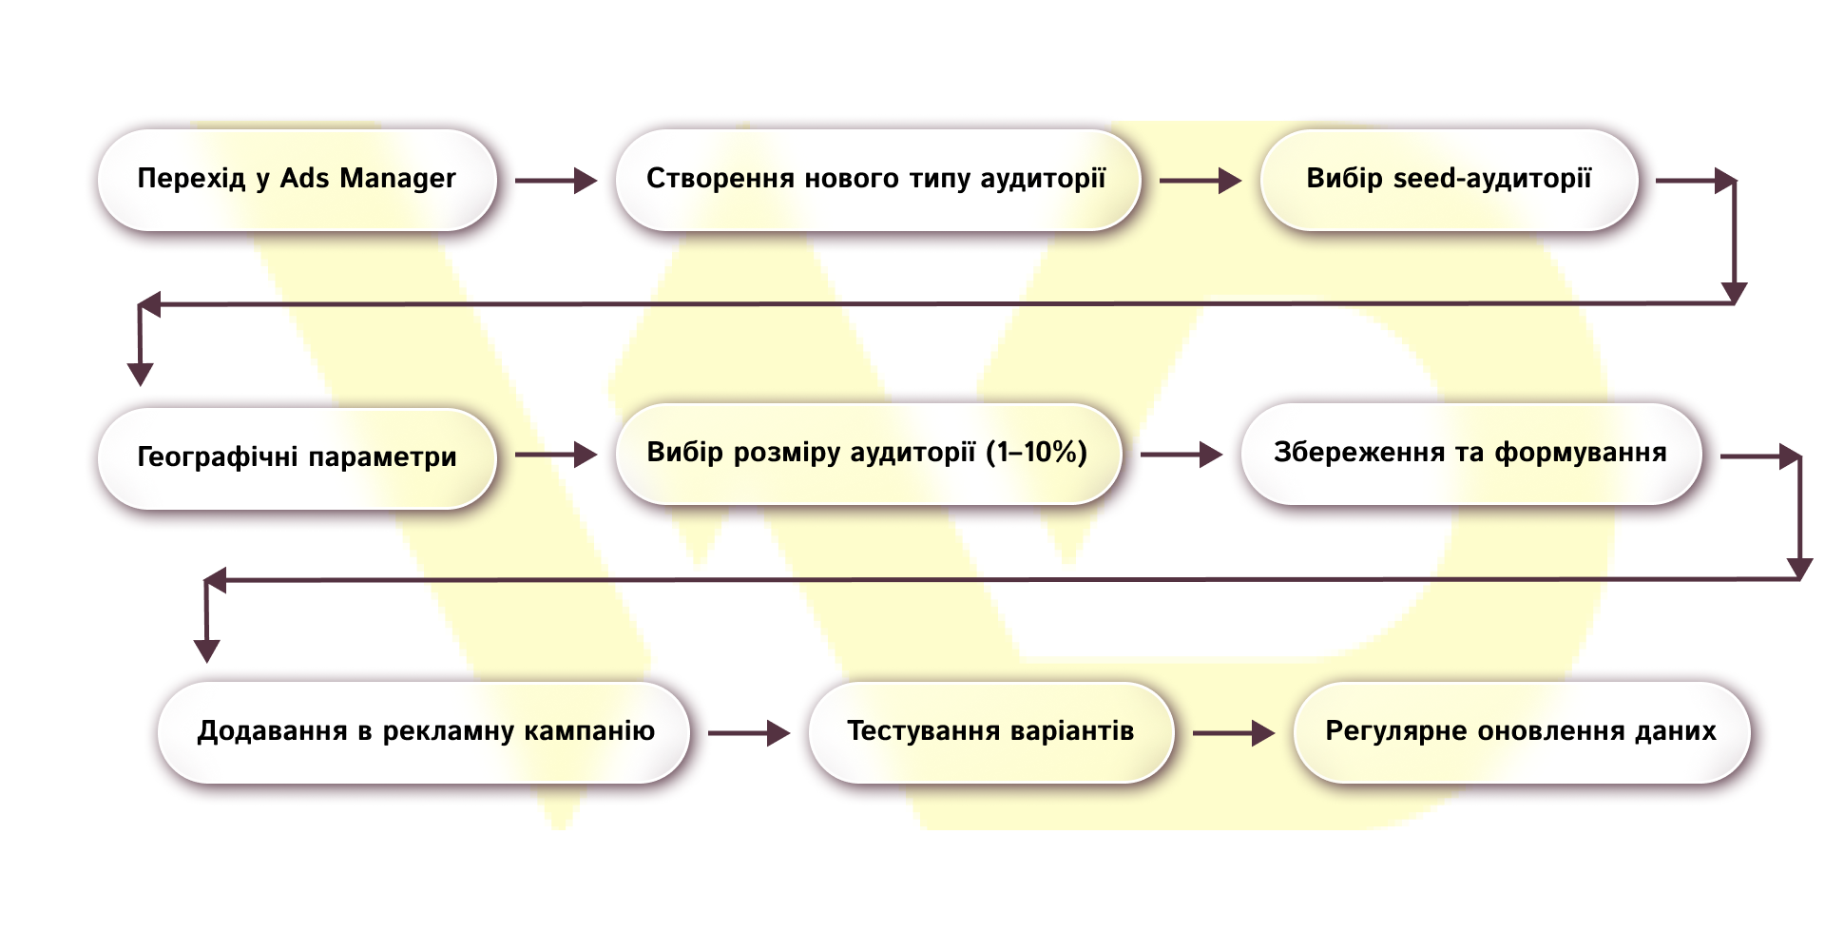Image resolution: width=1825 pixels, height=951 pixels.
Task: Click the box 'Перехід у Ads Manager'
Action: tap(297, 180)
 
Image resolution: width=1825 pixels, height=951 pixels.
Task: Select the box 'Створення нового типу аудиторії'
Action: tap(876, 180)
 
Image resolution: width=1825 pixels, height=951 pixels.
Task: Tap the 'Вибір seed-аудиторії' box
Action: tap(1449, 180)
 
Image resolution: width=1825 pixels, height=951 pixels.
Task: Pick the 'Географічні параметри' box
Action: tap(297, 457)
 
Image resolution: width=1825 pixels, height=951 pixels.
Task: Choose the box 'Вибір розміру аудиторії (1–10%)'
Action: tap(867, 454)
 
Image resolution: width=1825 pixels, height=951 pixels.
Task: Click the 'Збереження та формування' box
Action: tap(1470, 454)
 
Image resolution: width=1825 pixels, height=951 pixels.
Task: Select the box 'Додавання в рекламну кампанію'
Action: tap(424, 732)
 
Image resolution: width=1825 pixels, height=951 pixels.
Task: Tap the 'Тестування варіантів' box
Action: tap(990, 732)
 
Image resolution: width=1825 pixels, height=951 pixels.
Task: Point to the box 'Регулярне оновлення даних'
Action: tap(1521, 732)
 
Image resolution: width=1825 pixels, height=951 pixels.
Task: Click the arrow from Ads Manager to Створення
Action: tap(556, 180)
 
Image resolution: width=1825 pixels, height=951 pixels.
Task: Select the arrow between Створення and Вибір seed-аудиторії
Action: tap(1200, 180)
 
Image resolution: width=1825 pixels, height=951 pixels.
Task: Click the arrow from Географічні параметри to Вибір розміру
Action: tap(556, 456)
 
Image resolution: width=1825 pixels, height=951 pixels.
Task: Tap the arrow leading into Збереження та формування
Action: tap(1181, 456)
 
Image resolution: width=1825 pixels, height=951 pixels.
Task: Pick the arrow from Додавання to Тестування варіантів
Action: tap(749, 733)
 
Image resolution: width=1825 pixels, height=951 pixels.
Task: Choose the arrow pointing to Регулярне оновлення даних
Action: tap(1234, 733)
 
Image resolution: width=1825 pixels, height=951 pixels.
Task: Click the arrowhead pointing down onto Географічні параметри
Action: tap(141, 374)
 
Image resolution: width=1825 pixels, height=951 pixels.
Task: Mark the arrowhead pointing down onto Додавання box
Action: tap(207, 650)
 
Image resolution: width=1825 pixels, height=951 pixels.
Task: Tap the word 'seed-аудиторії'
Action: tap(1491, 179)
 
